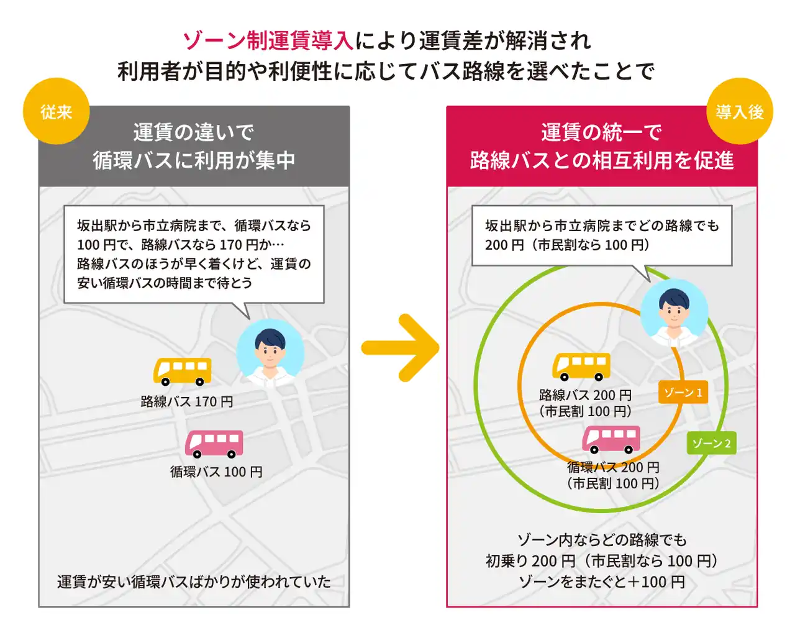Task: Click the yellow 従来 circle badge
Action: pyautogui.click(x=57, y=112)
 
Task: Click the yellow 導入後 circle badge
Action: pyautogui.click(x=739, y=112)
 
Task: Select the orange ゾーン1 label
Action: pyautogui.click(x=683, y=393)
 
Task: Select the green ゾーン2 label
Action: pyautogui.click(x=712, y=443)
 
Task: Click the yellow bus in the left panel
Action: pyautogui.click(x=183, y=372)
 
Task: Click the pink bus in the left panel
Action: pyautogui.click(x=214, y=444)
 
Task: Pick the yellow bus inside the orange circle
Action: pyautogui.click(x=581, y=367)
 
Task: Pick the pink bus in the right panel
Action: pyautogui.click(x=611, y=439)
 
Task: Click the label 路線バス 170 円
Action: pyautogui.click(x=187, y=402)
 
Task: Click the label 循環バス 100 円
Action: pyautogui.click(x=216, y=472)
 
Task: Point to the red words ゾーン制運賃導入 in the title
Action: pyautogui.click(x=268, y=41)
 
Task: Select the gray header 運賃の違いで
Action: pyautogui.click(x=194, y=132)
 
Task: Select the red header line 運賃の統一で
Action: pyautogui.click(x=601, y=132)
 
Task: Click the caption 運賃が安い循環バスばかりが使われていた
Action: pyautogui.click(x=194, y=582)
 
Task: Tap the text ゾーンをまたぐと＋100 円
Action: pyautogui.click(x=601, y=582)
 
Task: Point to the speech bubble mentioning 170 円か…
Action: pyautogui.click(x=194, y=254)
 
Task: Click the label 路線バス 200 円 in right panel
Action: pyautogui.click(x=585, y=395)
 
